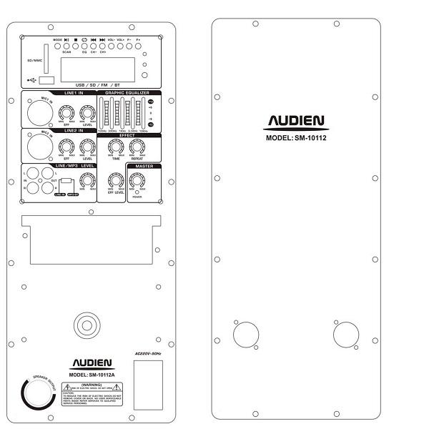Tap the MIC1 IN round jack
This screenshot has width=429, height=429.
click(x=39, y=112)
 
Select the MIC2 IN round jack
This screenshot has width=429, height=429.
click(x=39, y=146)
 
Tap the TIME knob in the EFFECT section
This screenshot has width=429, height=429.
click(x=115, y=147)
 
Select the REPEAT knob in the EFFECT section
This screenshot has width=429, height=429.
click(x=137, y=147)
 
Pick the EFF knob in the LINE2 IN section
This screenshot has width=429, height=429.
click(x=66, y=147)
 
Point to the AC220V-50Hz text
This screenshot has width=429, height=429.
click(x=148, y=353)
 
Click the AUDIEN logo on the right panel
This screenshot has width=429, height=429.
click(x=295, y=122)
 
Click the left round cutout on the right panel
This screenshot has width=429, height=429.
click(x=245, y=335)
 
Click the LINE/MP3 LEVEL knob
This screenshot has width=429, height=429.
click(x=88, y=181)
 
